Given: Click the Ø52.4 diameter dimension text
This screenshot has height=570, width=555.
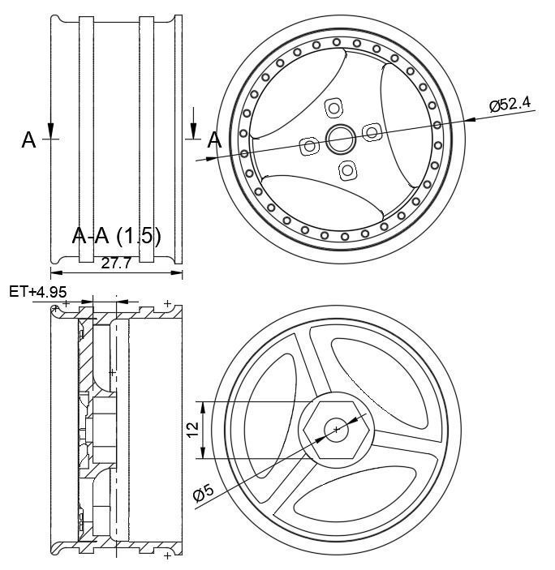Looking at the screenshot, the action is (x=510, y=105).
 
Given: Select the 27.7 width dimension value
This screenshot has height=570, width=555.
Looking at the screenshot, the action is (x=116, y=264).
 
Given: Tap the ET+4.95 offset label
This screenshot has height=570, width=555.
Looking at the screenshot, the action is (x=38, y=292).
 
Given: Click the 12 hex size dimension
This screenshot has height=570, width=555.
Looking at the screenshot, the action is (x=193, y=430).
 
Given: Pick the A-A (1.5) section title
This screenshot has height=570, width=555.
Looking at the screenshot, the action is (x=116, y=236).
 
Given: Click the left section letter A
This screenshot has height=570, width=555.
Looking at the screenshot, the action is (x=28, y=140).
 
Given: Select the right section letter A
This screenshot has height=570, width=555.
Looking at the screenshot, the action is (x=214, y=140).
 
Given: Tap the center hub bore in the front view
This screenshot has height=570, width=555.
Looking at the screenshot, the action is (x=341, y=139).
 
